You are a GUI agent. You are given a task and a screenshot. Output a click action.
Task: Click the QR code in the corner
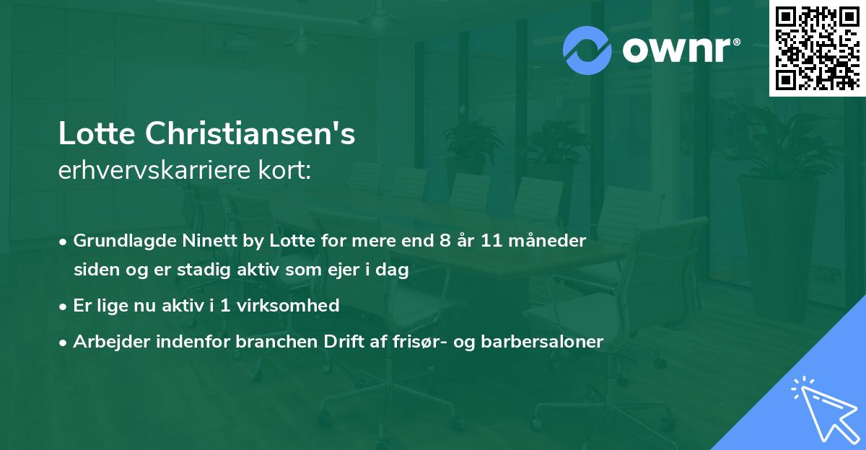(x=817, y=48)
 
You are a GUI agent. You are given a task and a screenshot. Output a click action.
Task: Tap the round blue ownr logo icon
(x=587, y=50)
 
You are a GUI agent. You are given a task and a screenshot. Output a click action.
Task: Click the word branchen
(x=263, y=342)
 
